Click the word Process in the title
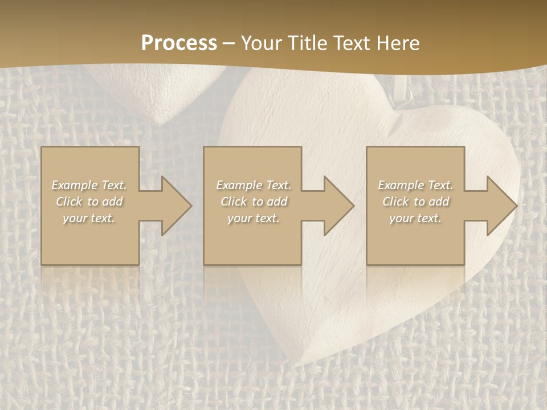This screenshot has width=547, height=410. click(179, 43)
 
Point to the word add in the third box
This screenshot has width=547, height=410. click(439, 202)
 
